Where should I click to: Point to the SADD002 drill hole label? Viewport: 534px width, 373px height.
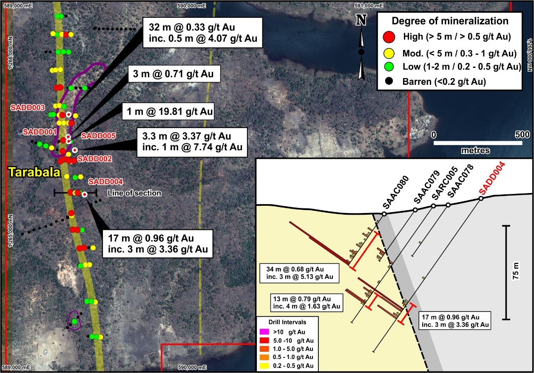click(95, 159)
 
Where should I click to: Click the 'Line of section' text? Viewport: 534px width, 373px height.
click(134, 193)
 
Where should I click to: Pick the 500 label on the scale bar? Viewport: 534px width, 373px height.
click(521, 135)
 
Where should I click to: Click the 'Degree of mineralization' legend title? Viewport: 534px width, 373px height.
click(450, 21)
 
